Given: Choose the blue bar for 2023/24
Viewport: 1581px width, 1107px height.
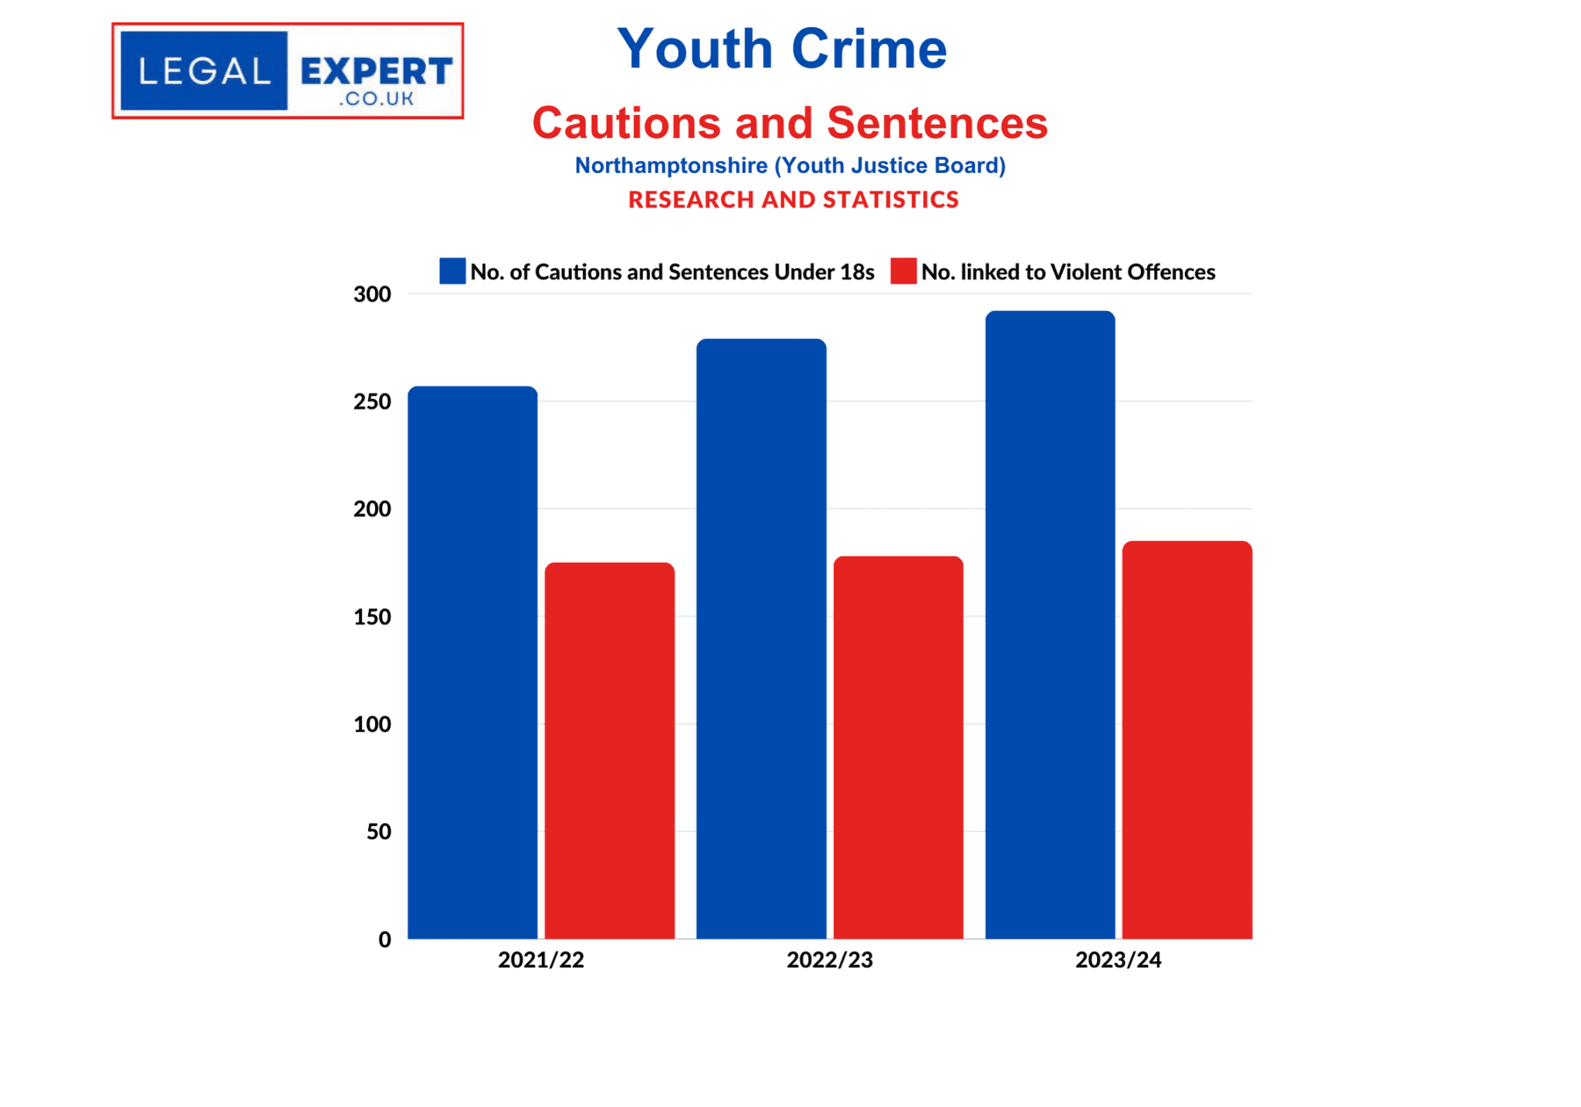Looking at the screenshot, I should pyautogui.click(x=1050, y=625).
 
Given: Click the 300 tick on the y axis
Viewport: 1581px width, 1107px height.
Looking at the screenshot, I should pyautogui.click(x=372, y=294).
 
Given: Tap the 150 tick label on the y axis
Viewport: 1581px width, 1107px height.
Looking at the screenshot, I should pyautogui.click(x=372, y=617).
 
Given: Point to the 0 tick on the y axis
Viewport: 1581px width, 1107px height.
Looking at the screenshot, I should pyautogui.click(x=384, y=939).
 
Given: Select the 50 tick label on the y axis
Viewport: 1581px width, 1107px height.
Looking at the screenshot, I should pyautogui.click(x=378, y=832).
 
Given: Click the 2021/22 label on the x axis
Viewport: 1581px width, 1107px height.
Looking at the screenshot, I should pyautogui.click(x=540, y=960).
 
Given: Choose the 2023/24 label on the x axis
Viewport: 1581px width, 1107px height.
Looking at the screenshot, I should pyautogui.click(x=1118, y=960).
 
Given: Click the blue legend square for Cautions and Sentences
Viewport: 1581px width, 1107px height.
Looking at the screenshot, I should pyautogui.click(x=452, y=271).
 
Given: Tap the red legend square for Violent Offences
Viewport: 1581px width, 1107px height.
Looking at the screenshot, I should pyautogui.click(x=903, y=271).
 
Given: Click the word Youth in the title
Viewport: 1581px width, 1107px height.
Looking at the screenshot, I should pyautogui.click(x=695, y=49).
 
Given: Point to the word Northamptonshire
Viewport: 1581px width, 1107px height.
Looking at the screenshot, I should pyautogui.click(x=671, y=165).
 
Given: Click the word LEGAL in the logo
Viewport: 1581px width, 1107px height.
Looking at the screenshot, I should pyautogui.click(x=205, y=72).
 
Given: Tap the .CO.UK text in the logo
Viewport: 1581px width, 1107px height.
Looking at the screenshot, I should pyautogui.click(x=376, y=99).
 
